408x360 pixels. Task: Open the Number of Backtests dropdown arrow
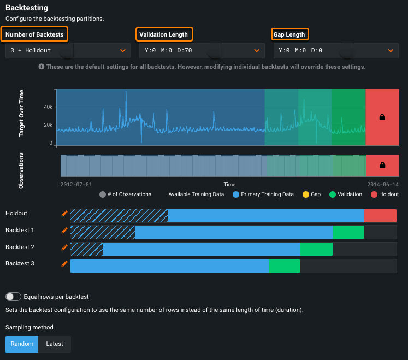[122, 51]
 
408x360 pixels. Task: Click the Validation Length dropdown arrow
[257, 51]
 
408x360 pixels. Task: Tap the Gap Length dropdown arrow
[391, 51]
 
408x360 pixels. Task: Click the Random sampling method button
[22, 344]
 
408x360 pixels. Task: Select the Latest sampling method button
[55, 344]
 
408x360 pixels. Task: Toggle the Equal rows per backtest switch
[13, 297]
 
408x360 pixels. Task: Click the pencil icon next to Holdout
[64, 213]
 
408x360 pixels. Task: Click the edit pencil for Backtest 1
[64, 230]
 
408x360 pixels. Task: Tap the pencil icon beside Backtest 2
[64, 247]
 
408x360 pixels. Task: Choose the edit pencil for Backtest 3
[64, 264]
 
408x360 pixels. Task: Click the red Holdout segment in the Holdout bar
[380, 216]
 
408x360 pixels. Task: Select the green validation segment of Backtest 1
[348, 232]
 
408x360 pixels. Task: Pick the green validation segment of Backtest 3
[284, 266]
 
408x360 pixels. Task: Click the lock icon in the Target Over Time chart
[382, 117]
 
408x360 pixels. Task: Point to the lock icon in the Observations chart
[382, 165]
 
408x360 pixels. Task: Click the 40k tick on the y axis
[48, 107]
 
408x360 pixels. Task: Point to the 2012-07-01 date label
[76, 185]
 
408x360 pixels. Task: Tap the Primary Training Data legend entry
[263, 194]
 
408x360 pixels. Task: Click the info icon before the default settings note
[41, 67]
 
